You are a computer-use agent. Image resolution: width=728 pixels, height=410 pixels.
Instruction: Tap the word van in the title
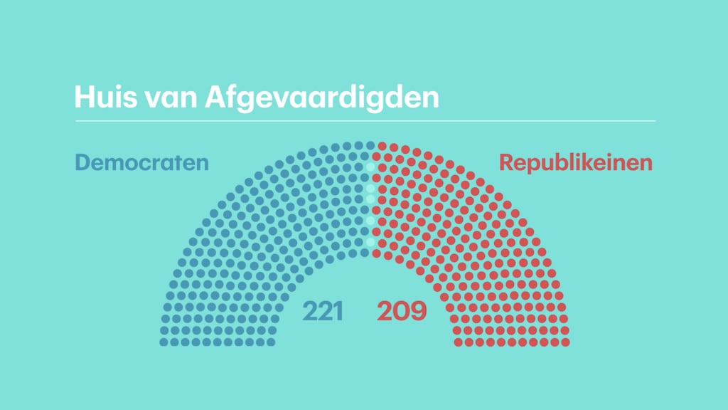[x=170, y=98]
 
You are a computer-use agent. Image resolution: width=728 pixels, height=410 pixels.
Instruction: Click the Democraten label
[x=142, y=163]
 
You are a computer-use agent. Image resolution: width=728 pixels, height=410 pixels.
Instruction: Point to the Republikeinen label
[x=576, y=163]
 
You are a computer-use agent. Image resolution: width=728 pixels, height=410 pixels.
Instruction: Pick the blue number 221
[x=323, y=310]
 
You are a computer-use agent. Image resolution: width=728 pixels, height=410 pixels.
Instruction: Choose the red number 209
[x=402, y=310]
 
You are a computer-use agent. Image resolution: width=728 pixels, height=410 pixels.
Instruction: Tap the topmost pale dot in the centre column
[x=370, y=167]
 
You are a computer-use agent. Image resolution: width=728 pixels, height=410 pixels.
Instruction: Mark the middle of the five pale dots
[x=370, y=199]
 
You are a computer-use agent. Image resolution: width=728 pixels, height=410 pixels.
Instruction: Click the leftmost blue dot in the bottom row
[x=164, y=342]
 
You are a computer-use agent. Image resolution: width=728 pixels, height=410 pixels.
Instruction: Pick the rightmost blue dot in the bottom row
[x=271, y=342]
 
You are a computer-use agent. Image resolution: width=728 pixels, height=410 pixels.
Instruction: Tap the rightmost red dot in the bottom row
[x=566, y=342]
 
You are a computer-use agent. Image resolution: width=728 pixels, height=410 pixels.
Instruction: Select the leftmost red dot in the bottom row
[x=459, y=342]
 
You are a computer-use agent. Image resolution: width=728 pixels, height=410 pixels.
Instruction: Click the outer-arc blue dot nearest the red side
[x=369, y=144]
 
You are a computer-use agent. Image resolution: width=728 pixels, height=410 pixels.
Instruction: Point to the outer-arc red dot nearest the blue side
[x=381, y=145]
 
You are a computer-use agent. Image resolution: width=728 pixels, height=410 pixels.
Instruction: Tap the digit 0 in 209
[x=402, y=310]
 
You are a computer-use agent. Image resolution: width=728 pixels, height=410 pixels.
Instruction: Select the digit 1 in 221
[x=339, y=310]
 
